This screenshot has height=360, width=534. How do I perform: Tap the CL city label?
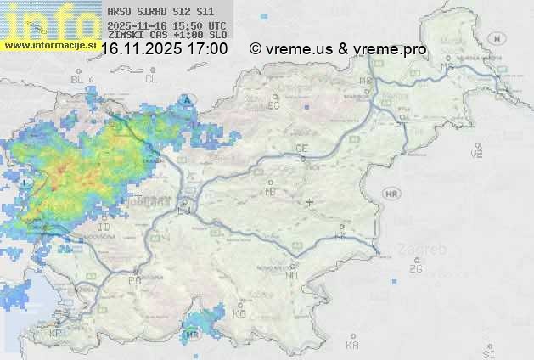(x=152, y=79)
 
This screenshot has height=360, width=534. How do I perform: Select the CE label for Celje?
(x=301, y=149)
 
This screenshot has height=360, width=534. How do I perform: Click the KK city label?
(x=341, y=236)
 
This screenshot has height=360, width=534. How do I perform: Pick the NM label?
(x=292, y=275)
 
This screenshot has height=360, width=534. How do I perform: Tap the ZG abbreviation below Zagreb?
(x=415, y=269)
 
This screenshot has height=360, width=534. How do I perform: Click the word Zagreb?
(x=427, y=250)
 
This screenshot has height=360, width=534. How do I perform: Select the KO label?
(x=239, y=313)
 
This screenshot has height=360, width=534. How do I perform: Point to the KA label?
(x=352, y=345)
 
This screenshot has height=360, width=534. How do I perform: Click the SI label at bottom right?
(x=487, y=352)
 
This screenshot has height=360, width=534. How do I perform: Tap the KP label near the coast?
(x=56, y=334)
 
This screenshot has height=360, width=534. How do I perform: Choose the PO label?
(x=134, y=280)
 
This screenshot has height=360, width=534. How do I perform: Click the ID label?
(x=104, y=228)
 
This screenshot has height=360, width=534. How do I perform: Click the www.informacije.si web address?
(x=49, y=43)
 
